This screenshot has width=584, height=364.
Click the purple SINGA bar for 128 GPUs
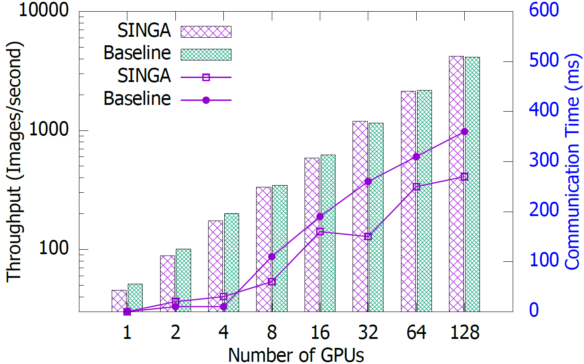pos(456,184)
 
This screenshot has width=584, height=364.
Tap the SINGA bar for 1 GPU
pos(119,301)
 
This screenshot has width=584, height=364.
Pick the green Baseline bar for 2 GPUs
pos(183,280)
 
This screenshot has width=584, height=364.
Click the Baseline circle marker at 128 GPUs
pos(464,132)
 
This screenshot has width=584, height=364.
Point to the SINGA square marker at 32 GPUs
pos(368,236)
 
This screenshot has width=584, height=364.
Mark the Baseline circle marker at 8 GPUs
pos(271,257)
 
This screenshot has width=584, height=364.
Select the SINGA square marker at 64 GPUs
pos(416,186)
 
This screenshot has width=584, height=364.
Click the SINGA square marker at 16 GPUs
pos(320,231)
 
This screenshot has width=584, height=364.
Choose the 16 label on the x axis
pos(320,334)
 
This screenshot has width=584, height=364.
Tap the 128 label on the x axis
pos(464,334)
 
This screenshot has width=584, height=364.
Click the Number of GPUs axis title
pos(296,354)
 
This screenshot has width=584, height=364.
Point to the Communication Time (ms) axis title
pos(574,161)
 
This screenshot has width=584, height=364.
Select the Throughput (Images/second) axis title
pos(14,161)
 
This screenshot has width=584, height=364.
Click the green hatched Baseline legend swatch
pos(206,54)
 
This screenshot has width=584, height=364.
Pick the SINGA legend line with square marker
pos(206,77)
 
